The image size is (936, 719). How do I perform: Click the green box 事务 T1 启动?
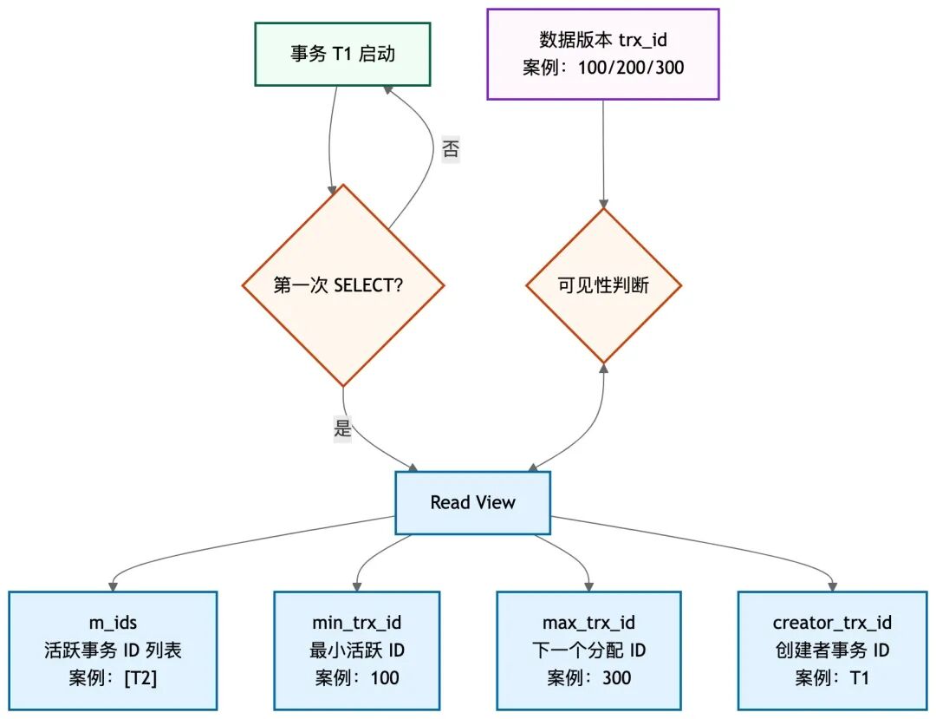tap(342, 54)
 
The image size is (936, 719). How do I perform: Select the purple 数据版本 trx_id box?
tap(603, 54)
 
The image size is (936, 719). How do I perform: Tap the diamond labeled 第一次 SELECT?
tap(343, 285)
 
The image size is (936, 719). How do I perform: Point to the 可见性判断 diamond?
tap(603, 285)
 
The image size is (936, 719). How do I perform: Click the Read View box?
tap(472, 503)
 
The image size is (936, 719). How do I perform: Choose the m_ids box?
tap(113, 650)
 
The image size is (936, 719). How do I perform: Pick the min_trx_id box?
tap(356, 650)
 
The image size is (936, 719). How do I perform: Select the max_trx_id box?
tap(588, 650)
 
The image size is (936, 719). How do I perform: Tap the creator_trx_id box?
tap(832, 650)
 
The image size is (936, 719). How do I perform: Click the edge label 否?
tap(451, 149)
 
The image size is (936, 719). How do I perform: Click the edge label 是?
tap(343, 428)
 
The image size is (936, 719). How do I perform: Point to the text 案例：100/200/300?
tap(603, 68)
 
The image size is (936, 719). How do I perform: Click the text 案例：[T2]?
tap(113, 678)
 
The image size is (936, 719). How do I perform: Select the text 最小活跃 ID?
tap(356, 650)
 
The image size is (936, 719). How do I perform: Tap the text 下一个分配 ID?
tap(588, 650)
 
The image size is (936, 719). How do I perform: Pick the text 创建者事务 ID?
tap(832, 650)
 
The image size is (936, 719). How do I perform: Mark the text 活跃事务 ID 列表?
tap(113, 650)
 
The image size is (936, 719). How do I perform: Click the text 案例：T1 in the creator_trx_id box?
tap(832, 678)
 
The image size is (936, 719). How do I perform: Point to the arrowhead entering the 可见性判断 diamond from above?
tap(603, 202)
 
